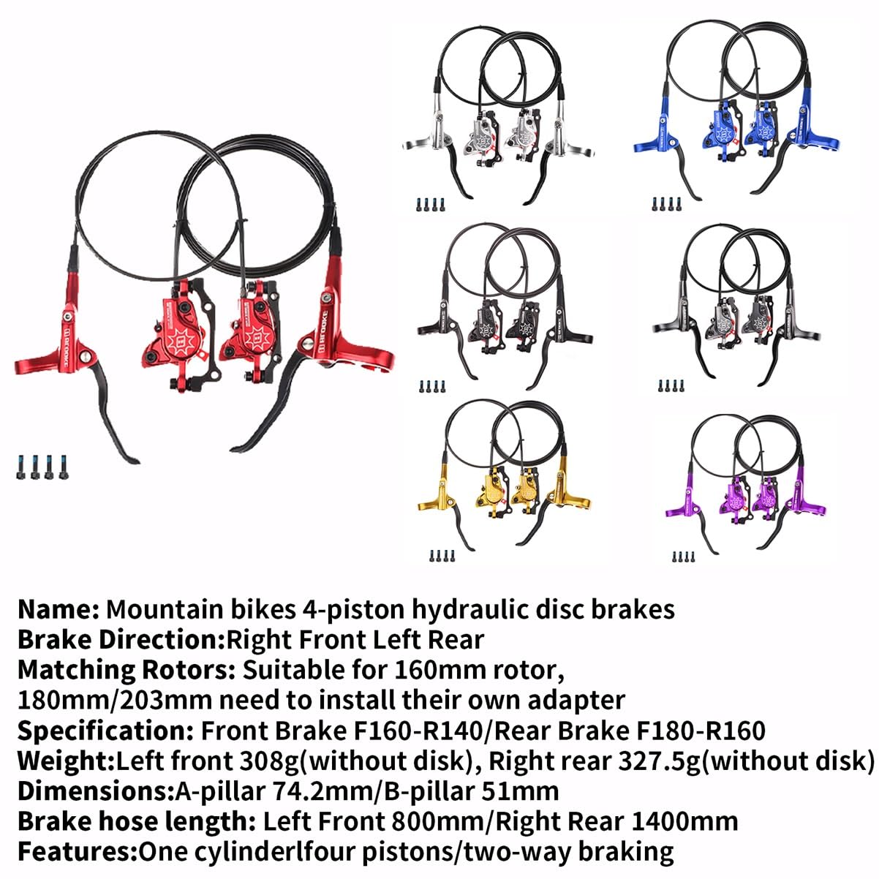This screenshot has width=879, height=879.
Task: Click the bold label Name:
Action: click(59, 609)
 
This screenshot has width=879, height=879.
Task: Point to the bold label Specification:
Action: click(105, 731)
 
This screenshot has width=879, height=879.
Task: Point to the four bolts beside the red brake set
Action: click(39, 467)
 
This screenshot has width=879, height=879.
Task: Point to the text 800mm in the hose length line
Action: click(446, 821)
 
